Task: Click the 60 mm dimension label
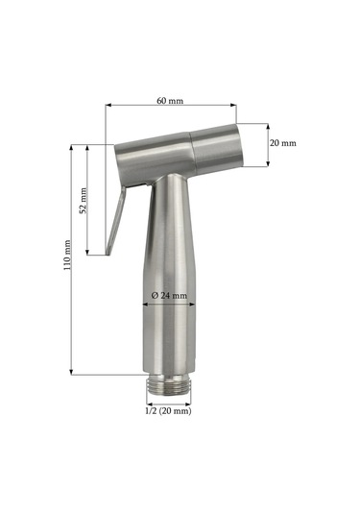[170, 101]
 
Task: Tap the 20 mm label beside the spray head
[282, 143]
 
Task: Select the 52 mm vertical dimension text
[84, 201]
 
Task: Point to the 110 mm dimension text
[67, 256]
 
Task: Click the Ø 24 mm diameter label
[169, 295]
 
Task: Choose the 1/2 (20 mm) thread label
[168, 411]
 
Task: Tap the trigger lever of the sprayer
[115, 220]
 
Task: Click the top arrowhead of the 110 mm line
[71, 147]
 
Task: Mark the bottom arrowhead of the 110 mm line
[71, 372]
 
